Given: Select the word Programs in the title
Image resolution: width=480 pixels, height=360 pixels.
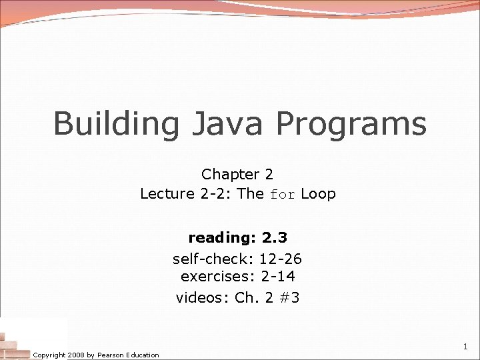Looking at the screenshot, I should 351,124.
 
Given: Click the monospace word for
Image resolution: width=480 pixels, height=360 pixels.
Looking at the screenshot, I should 281,195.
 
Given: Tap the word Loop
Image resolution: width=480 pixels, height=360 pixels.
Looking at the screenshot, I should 318,194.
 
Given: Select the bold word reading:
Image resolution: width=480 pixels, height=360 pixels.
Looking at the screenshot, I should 222,237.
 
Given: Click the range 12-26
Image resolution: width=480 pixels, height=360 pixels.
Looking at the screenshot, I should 280,258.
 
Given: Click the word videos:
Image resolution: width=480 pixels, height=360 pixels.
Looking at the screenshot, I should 203,297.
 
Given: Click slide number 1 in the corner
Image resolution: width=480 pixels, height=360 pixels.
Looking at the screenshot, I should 465,347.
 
